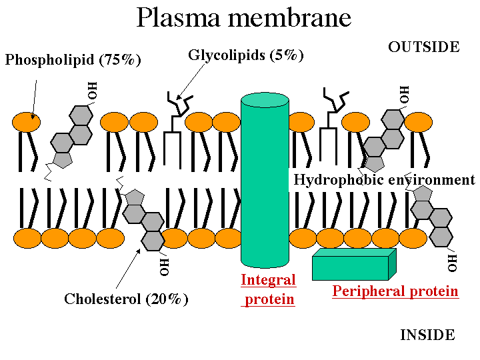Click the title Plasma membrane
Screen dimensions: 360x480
[x=243, y=18]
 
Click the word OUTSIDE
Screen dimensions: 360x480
[x=423, y=47]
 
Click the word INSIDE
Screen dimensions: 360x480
[x=427, y=335]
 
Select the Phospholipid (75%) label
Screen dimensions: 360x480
[x=73, y=60]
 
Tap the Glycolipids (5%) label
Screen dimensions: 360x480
[x=246, y=55]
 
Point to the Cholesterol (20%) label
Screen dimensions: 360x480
[x=126, y=299]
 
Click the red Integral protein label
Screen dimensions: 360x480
[x=268, y=289]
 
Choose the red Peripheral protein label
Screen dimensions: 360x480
[x=395, y=291]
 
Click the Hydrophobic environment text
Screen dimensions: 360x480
[x=384, y=180]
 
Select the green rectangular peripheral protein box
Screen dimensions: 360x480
[x=351, y=267]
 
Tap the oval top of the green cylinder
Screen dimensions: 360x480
[x=265, y=100]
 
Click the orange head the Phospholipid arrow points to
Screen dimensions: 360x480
[x=26, y=122]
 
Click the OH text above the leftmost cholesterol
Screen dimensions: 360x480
[x=93, y=90]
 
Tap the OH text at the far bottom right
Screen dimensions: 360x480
[x=453, y=262]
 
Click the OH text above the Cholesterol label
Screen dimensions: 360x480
[x=165, y=265]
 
